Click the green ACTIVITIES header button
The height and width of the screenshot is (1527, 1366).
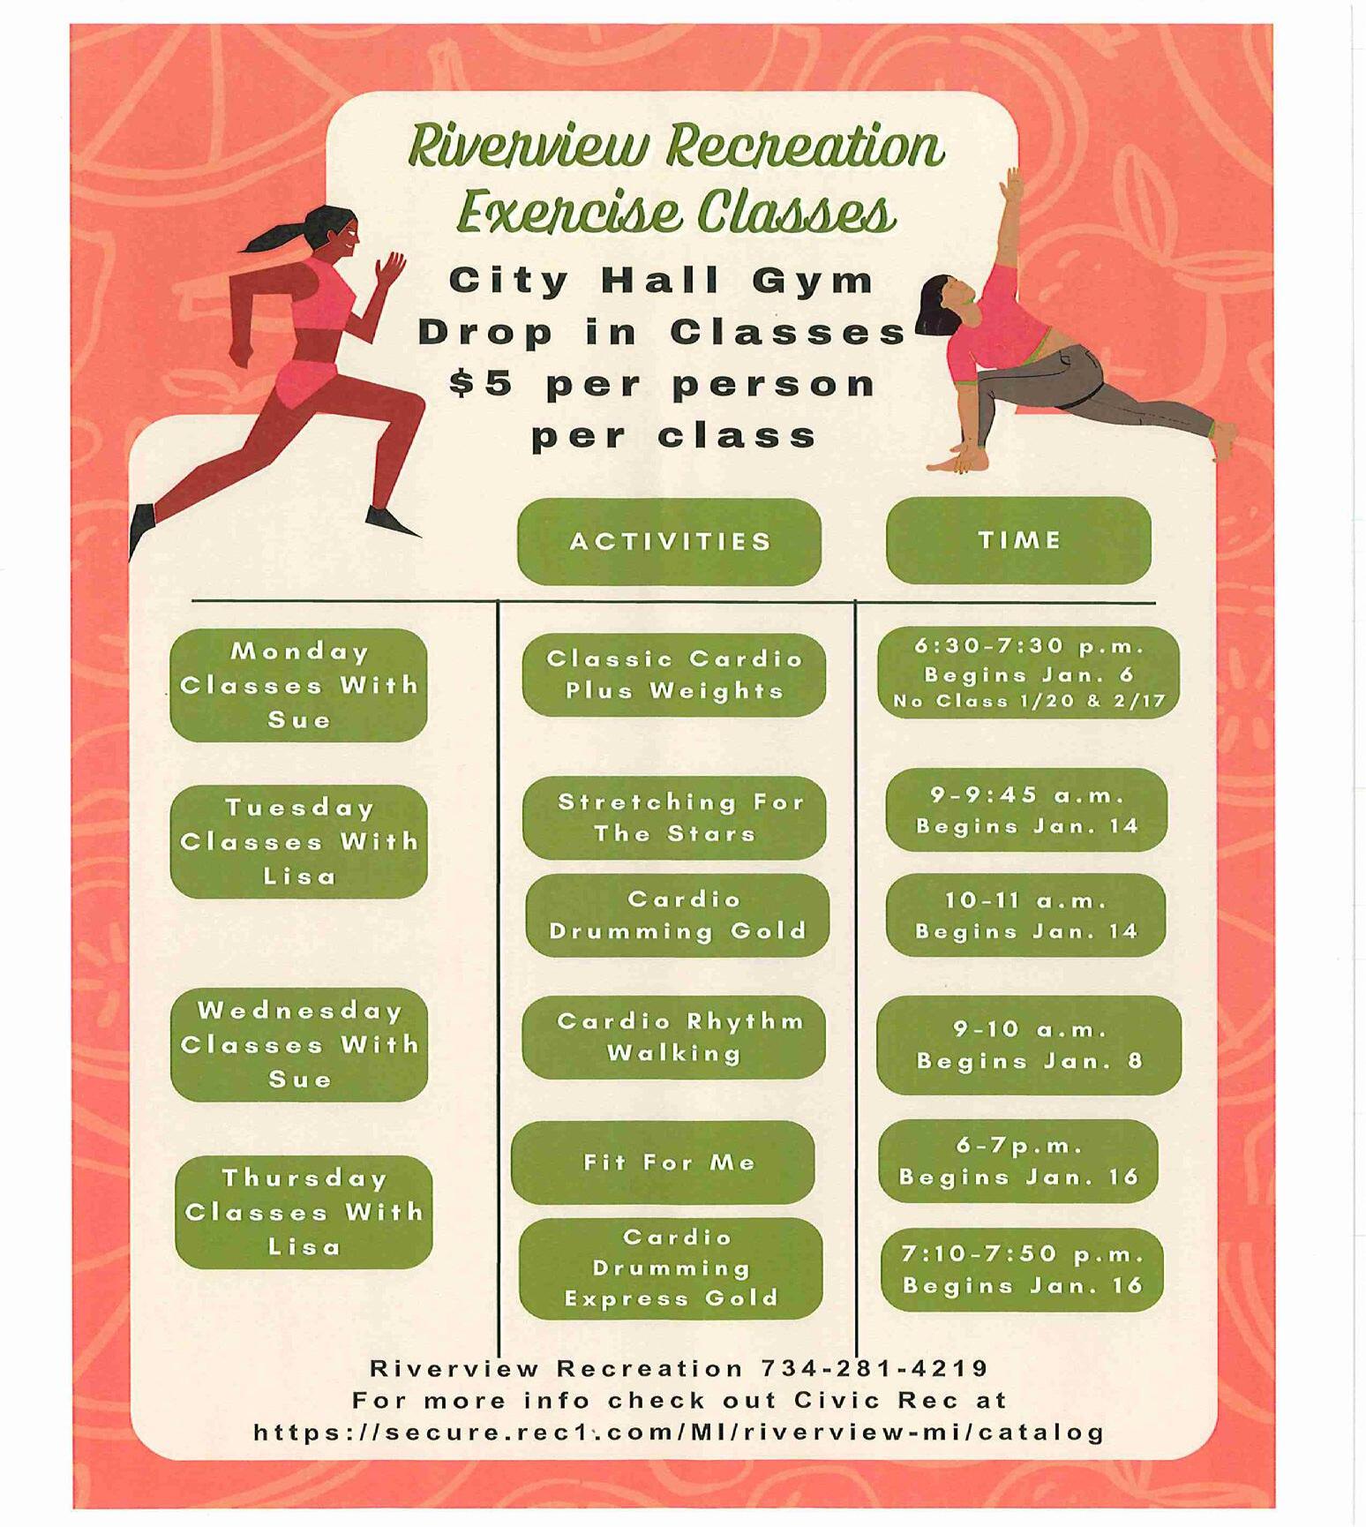coord(669,541)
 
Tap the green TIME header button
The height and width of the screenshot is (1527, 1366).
coord(1018,540)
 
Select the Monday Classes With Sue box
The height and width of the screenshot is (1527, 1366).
coord(298,685)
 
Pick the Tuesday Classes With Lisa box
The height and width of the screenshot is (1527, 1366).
coord(298,841)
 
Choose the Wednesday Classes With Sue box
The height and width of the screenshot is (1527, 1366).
coord(298,1044)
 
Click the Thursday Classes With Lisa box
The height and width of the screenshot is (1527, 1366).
coord(304,1212)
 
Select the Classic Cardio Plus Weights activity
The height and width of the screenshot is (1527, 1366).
coord(674,674)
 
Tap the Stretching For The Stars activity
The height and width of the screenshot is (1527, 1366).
coord(674,817)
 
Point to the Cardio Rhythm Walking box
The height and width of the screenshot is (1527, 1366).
coord(674,1037)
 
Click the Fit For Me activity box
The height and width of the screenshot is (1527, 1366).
coord(663,1162)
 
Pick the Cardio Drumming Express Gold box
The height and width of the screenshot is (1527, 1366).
coord(671,1267)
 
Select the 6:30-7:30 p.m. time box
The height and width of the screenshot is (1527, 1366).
coord(1028,673)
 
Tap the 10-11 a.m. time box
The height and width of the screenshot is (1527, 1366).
coord(1025,915)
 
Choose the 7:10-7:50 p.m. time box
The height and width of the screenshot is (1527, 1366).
coord(1022,1269)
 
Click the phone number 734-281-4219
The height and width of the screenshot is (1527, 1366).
coord(874,1368)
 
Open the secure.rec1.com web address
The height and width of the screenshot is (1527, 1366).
coord(679,1432)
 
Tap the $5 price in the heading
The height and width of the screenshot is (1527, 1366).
coord(480,384)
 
